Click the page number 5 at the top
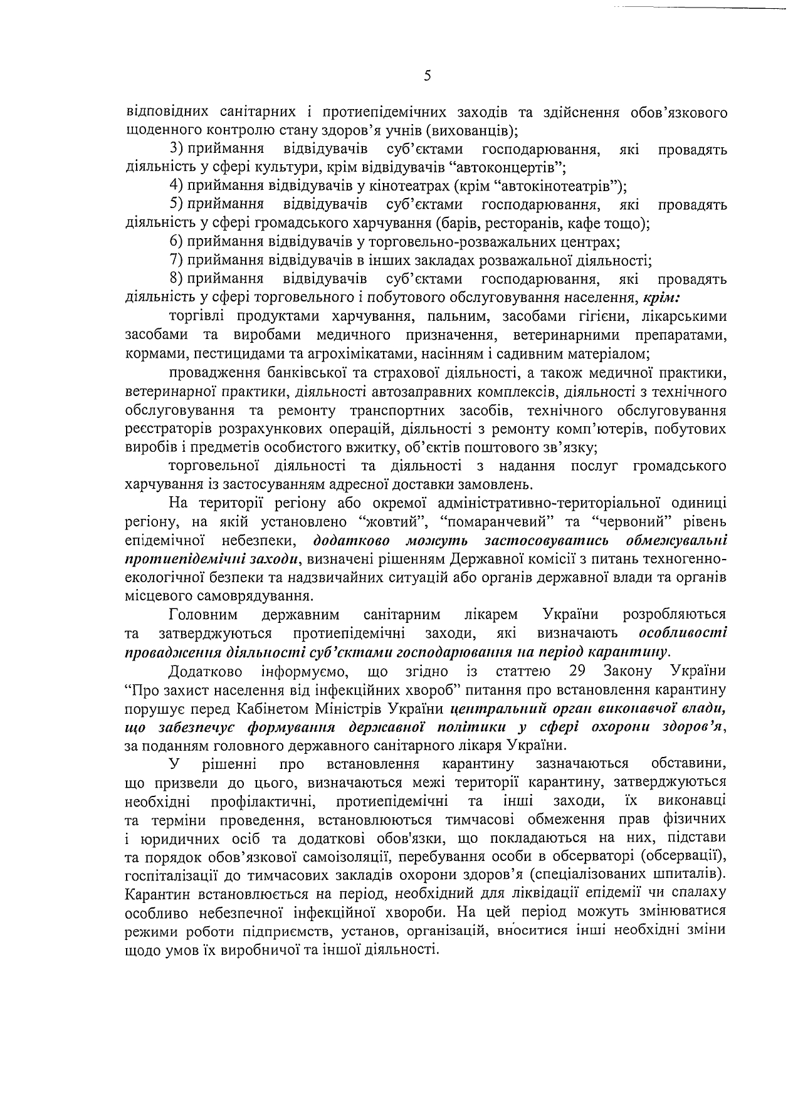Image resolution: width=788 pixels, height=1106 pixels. tap(428, 76)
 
